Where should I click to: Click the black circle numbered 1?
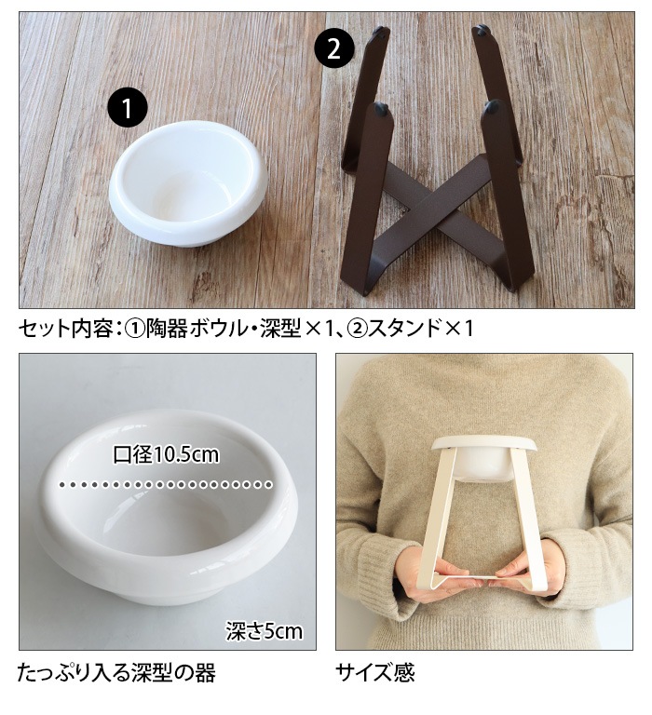point(128,108)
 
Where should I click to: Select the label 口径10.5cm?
point(166,455)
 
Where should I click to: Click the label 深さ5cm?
point(265,631)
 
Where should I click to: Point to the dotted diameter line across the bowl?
point(166,484)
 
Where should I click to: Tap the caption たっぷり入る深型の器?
point(116,672)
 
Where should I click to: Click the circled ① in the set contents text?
point(135,329)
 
